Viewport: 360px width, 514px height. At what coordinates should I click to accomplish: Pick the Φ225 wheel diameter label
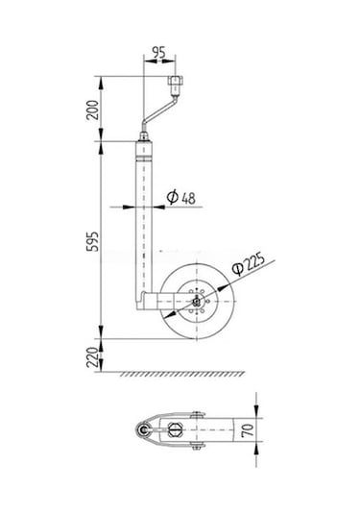point(247,264)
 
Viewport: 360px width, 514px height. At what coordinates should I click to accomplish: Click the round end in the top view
point(145,433)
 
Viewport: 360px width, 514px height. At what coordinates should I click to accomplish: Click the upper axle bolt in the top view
point(194,415)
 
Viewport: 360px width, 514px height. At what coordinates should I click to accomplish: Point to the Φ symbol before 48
point(170,197)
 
